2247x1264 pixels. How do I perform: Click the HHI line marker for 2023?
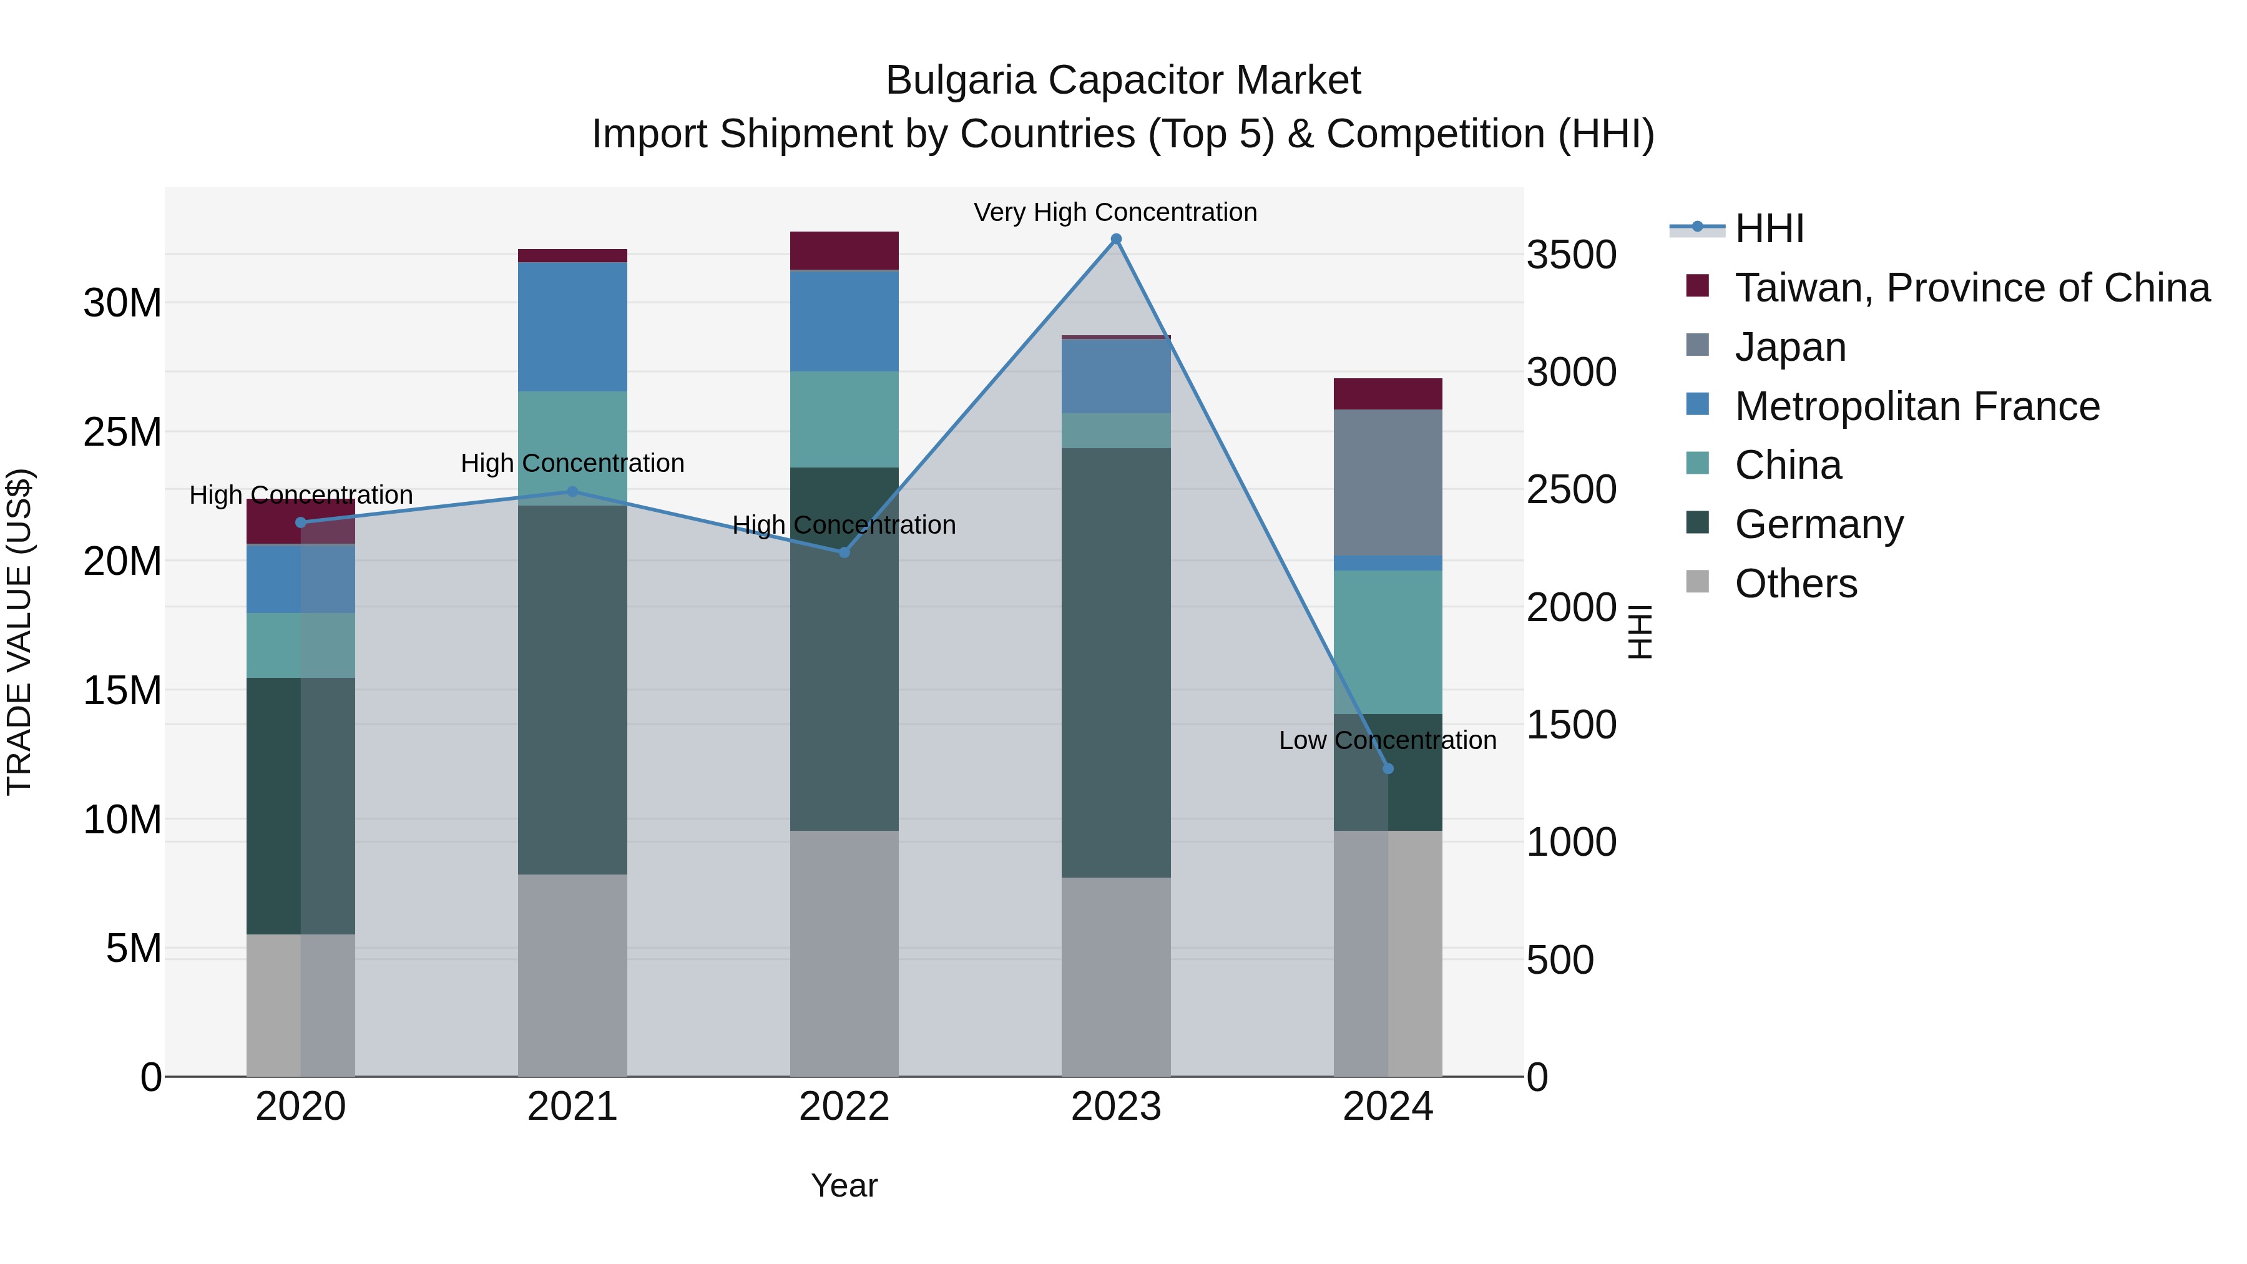(x=1115, y=239)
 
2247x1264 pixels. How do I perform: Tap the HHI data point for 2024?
(x=1388, y=768)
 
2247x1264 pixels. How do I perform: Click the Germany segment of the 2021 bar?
(x=572, y=689)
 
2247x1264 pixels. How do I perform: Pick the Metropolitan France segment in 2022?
(x=843, y=320)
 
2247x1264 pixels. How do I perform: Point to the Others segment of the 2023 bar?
(x=1115, y=976)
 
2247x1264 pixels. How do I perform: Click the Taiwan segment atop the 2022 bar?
(x=843, y=250)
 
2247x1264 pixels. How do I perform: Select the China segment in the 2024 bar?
(x=1388, y=642)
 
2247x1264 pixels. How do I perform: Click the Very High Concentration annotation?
(x=1115, y=212)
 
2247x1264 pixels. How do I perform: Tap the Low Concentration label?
(x=1387, y=740)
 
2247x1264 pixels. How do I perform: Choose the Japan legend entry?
(x=1790, y=347)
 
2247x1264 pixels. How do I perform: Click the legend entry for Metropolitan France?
(x=1916, y=406)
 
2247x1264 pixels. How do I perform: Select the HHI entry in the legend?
(x=1768, y=228)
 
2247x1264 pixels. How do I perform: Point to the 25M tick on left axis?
(x=122, y=432)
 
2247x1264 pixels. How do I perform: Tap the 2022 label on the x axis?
(x=843, y=1107)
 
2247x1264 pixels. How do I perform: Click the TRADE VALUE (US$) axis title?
(x=19, y=632)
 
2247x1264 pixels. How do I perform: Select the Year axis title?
(x=843, y=1185)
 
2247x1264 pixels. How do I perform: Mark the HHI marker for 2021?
(x=572, y=492)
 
